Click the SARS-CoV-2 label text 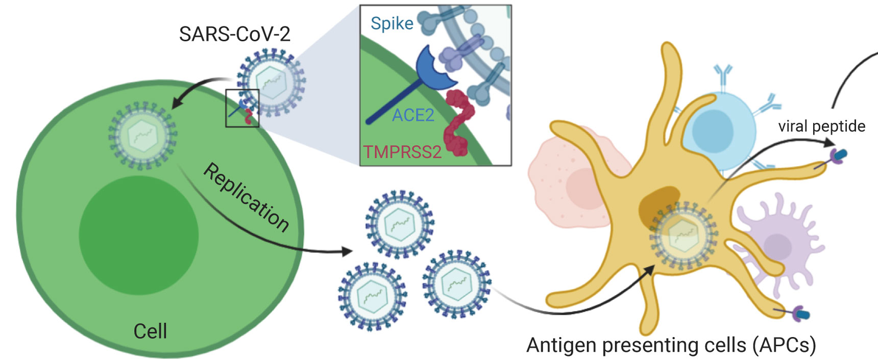[x=234, y=34]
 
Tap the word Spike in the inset [x=392, y=23]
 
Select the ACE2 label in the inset [x=413, y=115]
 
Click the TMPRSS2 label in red [x=402, y=152]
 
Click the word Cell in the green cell [x=150, y=331]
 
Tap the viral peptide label [x=821, y=126]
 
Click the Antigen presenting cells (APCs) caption [x=671, y=345]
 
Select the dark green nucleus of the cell [x=138, y=235]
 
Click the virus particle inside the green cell [x=142, y=136]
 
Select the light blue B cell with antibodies [x=720, y=130]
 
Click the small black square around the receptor [x=242, y=108]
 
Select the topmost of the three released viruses [x=399, y=224]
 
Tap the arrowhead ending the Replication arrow [x=347, y=251]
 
